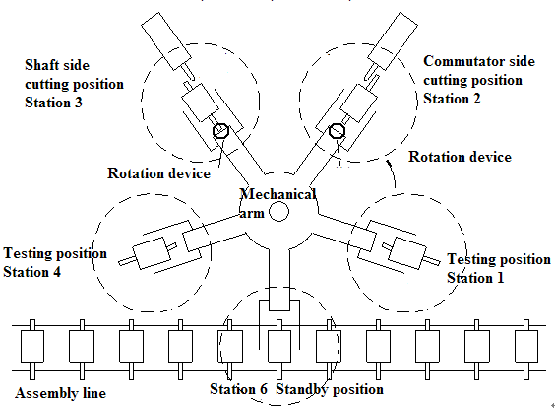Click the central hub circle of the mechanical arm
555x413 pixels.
point(279,210)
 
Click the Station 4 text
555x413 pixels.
point(35,271)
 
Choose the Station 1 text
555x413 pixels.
point(478,278)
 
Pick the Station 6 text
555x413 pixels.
point(238,389)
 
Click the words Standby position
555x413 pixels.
point(329,389)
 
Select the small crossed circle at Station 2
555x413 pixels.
point(337,130)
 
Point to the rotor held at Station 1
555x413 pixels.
point(405,251)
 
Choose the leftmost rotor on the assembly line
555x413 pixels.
point(31,344)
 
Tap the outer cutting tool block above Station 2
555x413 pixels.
point(398,38)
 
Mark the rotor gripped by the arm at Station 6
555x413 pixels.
point(278,344)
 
